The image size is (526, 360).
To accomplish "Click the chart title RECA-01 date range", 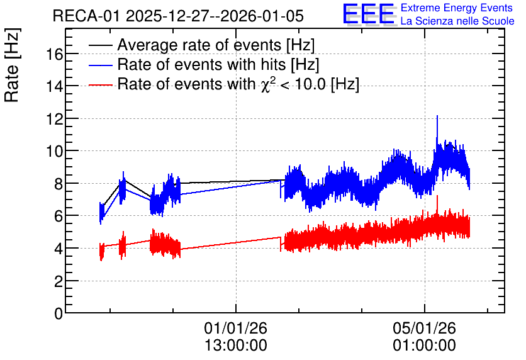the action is click(178, 16).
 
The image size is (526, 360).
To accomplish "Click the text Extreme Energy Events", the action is click(457, 8).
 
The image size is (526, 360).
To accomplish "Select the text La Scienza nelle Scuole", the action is click(457, 21).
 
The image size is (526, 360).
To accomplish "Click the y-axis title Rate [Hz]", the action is click(12, 65).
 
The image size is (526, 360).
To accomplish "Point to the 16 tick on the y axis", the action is click(54, 54).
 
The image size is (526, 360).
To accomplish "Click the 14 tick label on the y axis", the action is click(54, 87).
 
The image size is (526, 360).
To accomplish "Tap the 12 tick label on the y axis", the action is click(54, 119).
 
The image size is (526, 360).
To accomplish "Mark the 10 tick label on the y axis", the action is click(54, 151).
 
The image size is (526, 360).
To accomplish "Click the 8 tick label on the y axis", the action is click(59, 184).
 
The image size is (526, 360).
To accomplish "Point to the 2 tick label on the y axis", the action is click(59, 281).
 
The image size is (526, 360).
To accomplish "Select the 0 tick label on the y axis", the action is click(59, 313).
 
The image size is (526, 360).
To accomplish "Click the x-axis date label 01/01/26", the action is click(236, 328).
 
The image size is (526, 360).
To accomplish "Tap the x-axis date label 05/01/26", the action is click(425, 328).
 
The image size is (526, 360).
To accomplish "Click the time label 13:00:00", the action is click(236, 345).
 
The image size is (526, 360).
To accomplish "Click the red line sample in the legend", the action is click(100, 85).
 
